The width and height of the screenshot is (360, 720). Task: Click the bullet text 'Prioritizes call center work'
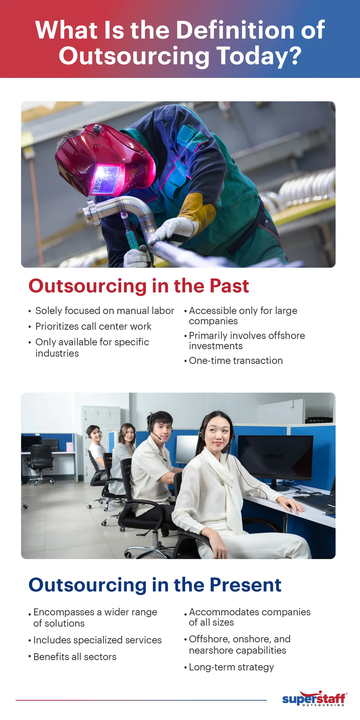tap(93, 326)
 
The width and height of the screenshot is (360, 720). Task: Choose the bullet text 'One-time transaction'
tap(236, 361)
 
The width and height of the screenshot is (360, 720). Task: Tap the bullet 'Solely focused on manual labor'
tap(104, 311)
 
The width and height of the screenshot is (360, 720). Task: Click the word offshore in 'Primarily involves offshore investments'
tap(286, 336)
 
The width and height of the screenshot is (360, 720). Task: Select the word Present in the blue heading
tap(245, 585)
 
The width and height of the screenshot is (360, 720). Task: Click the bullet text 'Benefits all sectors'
tap(75, 657)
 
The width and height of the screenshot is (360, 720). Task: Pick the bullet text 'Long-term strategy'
tap(231, 667)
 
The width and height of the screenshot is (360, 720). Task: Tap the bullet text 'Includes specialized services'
tap(97, 640)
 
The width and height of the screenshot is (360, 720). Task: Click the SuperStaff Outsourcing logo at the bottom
tap(314, 699)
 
